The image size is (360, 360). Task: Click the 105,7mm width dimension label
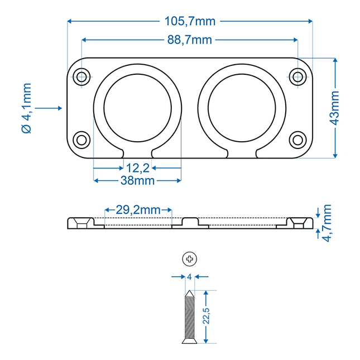coord(190,22)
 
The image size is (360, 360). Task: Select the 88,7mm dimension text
coord(189,40)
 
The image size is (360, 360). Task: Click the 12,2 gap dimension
coord(137,167)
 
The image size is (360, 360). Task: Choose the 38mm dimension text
coord(137,180)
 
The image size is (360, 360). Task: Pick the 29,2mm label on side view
coord(138,210)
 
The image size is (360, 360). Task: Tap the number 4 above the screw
coord(190,276)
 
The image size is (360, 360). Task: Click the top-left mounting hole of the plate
coord(82,76)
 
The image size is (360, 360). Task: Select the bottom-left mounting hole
coord(82,139)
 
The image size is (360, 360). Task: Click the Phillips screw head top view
coord(190,258)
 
